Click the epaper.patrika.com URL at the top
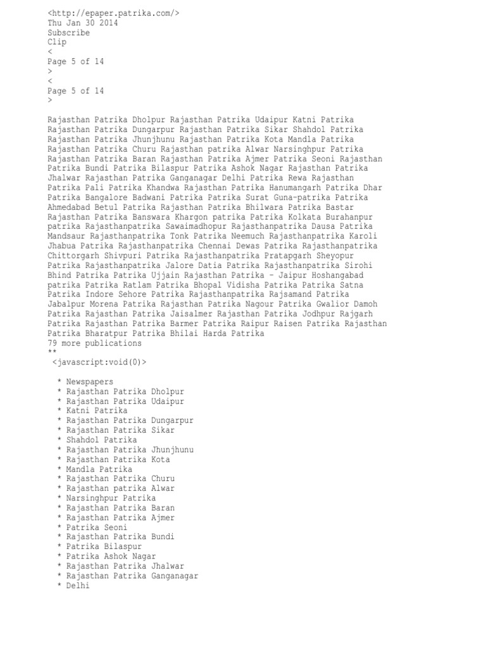pyautogui.click(x=113, y=13)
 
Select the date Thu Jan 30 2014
pyautogui.click(x=82, y=23)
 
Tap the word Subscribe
pyautogui.click(x=68, y=33)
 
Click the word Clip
pyautogui.click(x=57, y=42)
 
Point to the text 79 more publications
pyautogui.click(x=94, y=343)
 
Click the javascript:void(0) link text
pyautogui.click(x=99, y=363)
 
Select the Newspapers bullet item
pyautogui.click(x=90, y=382)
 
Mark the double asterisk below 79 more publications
pyautogui.click(x=52, y=353)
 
